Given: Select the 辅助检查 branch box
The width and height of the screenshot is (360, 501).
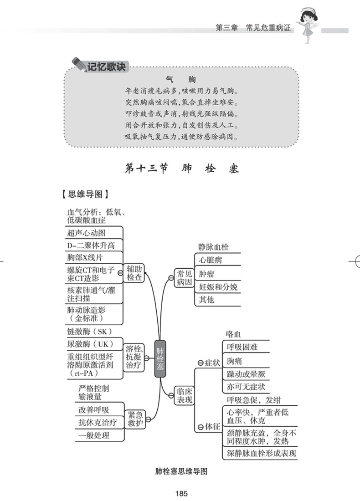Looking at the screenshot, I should [x=134, y=272].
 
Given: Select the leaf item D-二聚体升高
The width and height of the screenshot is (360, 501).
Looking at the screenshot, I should [x=91, y=245].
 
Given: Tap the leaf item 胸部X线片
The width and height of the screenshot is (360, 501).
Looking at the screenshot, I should [x=85, y=257].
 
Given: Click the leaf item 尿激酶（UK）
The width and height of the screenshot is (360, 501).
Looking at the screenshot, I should [x=90, y=343].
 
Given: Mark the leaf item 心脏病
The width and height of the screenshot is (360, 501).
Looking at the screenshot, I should [x=211, y=260].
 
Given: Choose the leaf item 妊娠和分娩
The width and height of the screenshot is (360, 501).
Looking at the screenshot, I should [x=218, y=287].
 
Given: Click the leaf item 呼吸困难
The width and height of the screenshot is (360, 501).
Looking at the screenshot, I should [x=242, y=347].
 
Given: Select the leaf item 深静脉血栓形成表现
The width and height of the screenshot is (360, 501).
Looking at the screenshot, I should [x=261, y=453].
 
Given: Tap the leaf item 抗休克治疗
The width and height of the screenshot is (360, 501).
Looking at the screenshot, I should [x=98, y=422].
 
